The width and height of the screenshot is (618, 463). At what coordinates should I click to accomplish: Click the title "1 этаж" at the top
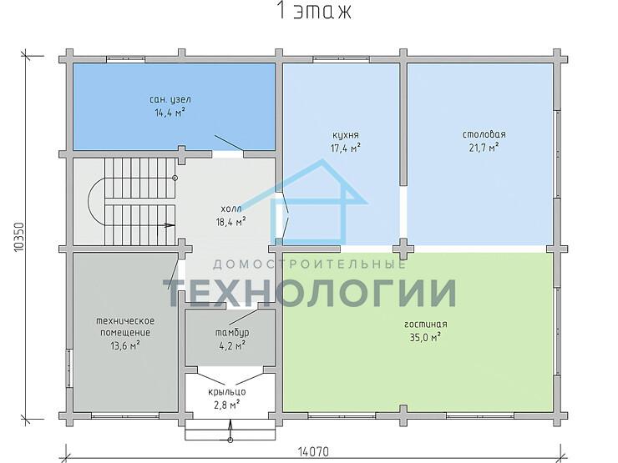[x=314, y=11]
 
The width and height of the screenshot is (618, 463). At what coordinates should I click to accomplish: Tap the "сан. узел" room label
[x=170, y=99]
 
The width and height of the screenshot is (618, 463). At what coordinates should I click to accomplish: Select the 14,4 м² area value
[x=170, y=113]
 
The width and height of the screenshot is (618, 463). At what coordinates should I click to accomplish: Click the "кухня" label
[x=346, y=135]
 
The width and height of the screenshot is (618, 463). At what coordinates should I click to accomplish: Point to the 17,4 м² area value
[x=346, y=148]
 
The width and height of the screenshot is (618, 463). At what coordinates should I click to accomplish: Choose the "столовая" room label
[x=484, y=134]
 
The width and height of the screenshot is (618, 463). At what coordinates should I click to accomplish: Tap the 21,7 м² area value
[x=484, y=148]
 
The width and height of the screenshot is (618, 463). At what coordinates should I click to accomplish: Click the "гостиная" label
[x=426, y=324]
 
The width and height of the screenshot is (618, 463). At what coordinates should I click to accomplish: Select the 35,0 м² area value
[x=425, y=337]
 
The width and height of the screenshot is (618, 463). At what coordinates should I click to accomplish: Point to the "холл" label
[x=231, y=209]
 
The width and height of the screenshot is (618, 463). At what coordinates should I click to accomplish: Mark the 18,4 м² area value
[x=231, y=222]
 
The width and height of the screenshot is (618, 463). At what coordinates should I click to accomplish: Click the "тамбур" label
[x=232, y=333]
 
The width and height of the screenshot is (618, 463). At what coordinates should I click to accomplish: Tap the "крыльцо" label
[x=227, y=392]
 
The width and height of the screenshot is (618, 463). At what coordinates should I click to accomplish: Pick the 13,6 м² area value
[x=125, y=346]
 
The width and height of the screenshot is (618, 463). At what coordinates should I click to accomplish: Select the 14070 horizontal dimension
[x=313, y=451]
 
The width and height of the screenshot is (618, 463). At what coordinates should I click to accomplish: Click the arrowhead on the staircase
[x=170, y=225]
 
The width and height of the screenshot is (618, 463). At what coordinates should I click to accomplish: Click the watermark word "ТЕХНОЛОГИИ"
[x=310, y=292]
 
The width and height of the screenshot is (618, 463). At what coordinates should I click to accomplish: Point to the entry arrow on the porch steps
[x=230, y=430]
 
